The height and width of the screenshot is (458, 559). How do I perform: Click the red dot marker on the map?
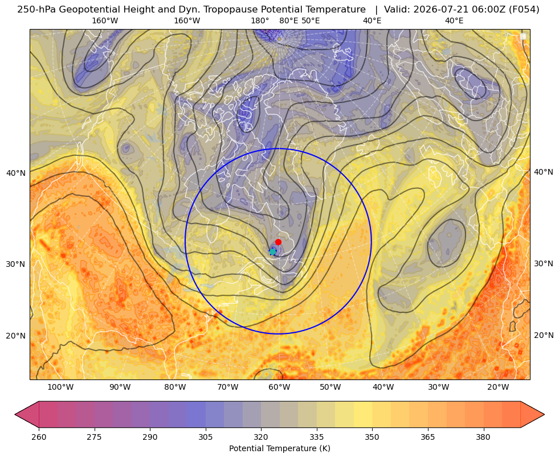(x=279, y=242)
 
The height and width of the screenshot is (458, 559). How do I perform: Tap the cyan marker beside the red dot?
(x=273, y=251)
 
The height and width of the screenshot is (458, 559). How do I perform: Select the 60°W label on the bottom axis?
(x=279, y=387)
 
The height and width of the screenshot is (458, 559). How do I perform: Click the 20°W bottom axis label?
(x=498, y=387)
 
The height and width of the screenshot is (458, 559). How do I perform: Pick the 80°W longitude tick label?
(x=175, y=387)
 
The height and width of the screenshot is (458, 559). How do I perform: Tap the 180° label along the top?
(x=260, y=20)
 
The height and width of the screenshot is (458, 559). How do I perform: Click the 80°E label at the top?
(x=288, y=20)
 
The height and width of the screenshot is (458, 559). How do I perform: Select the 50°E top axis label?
(x=311, y=20)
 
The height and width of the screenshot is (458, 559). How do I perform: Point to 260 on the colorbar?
(x=39, y=437)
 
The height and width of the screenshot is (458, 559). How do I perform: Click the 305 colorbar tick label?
(x=206, y=437)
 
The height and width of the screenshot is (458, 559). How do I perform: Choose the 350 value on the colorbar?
(x=372, y=437)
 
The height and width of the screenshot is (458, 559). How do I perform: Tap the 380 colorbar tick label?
(x=483, y=437)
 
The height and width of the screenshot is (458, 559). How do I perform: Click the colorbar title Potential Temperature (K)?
(x=279, y=448)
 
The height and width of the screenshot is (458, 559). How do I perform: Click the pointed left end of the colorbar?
(x=15, y=414)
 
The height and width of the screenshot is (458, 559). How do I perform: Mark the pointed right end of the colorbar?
(x=544, y=414)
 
